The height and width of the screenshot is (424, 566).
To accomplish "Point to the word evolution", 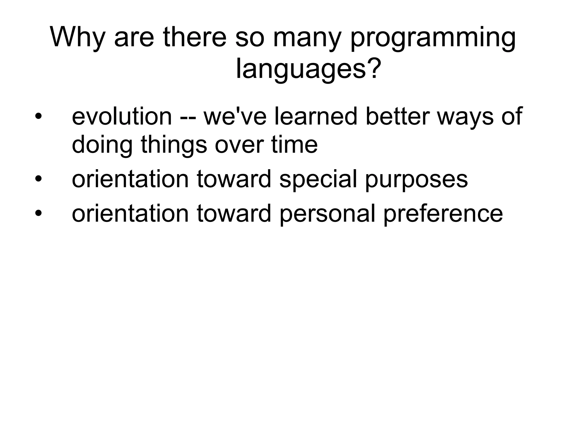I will click(122, 116).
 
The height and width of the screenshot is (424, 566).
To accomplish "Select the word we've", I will click(235, 116).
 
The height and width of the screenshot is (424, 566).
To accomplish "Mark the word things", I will click(174, 145).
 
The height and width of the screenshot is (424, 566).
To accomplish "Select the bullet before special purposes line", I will click(38, 179).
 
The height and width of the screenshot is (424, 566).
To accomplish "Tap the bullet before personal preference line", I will click(38, 213).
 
